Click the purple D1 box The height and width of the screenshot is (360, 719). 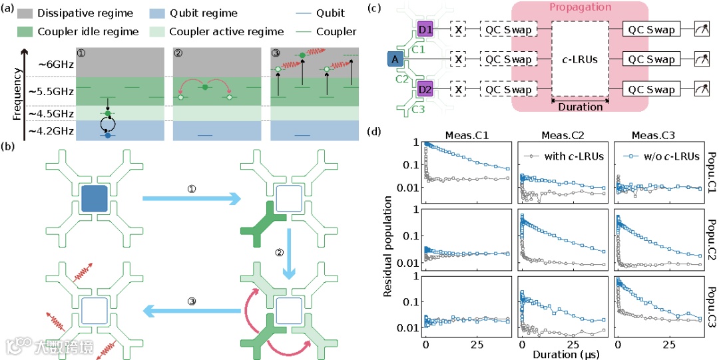pos(425,29)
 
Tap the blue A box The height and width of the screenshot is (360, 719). pos(396,60)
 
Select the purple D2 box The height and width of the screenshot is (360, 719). pos(425,89)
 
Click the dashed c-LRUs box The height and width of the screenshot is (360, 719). pos(578,60)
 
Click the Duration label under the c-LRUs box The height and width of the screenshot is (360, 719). pos(578,106)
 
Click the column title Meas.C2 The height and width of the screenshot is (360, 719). pos(559,136)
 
